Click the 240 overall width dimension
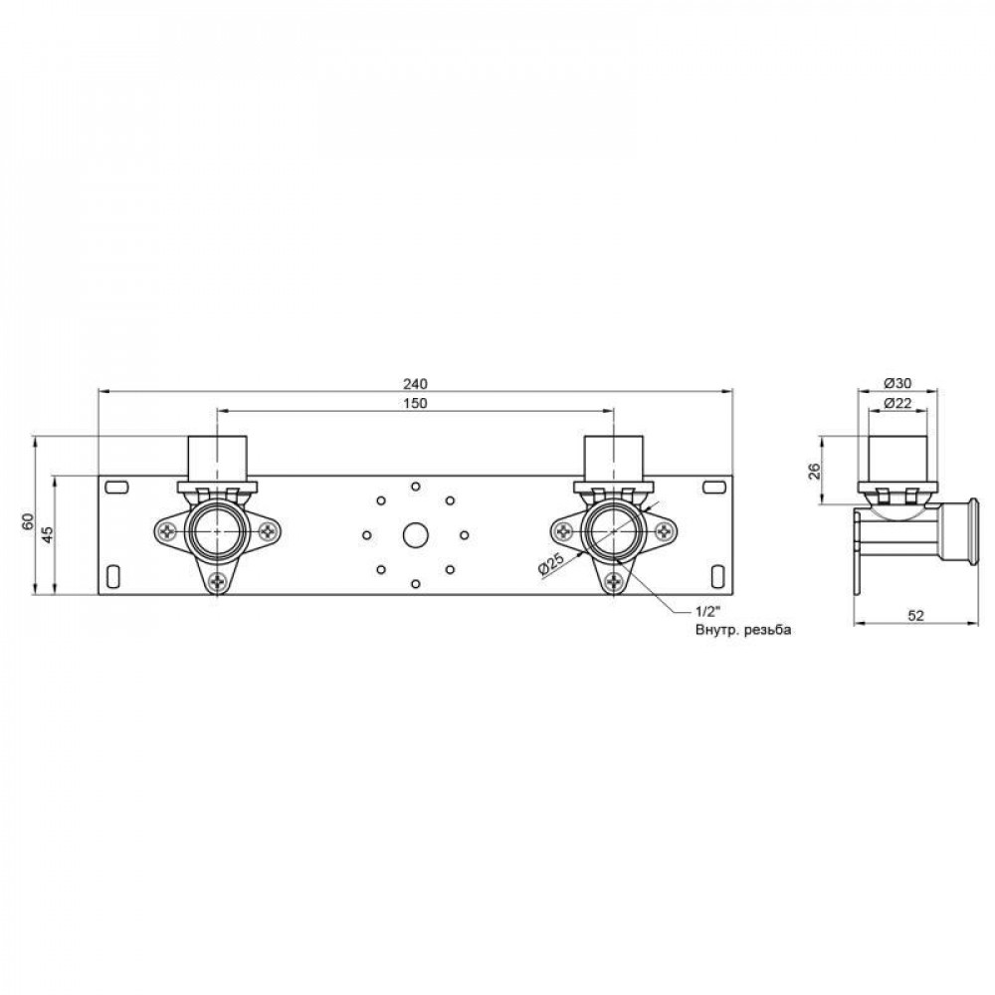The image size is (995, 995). [x=416, y=383]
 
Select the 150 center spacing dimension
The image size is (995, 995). [x=416, y=403]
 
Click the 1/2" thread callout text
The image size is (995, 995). [x=707, y=612]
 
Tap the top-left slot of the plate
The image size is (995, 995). [x=116, y=486]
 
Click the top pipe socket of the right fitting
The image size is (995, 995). [x=612, y=457]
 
